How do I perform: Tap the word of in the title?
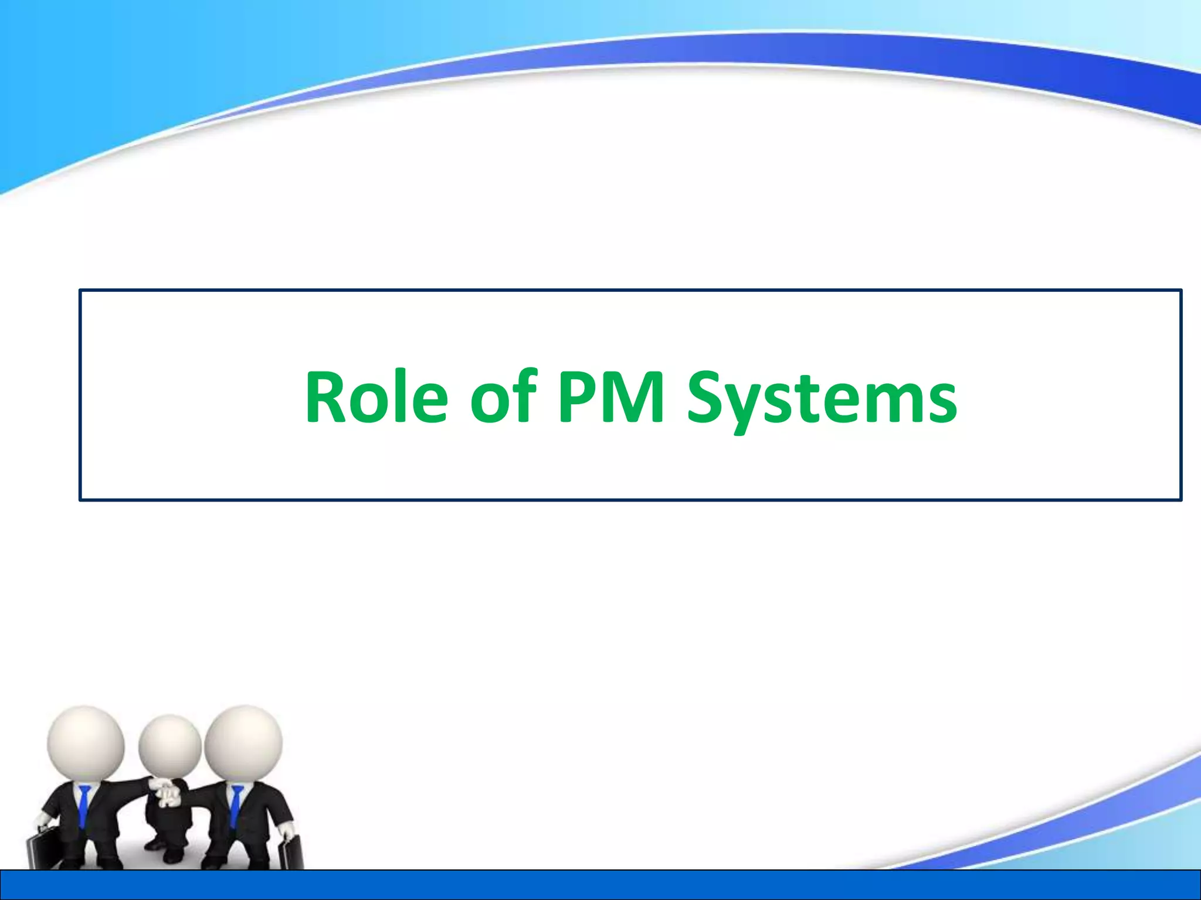(504, 396)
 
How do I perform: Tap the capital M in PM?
(636, 396)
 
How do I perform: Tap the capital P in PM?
(577, 396)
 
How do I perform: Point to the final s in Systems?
(941, 404)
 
